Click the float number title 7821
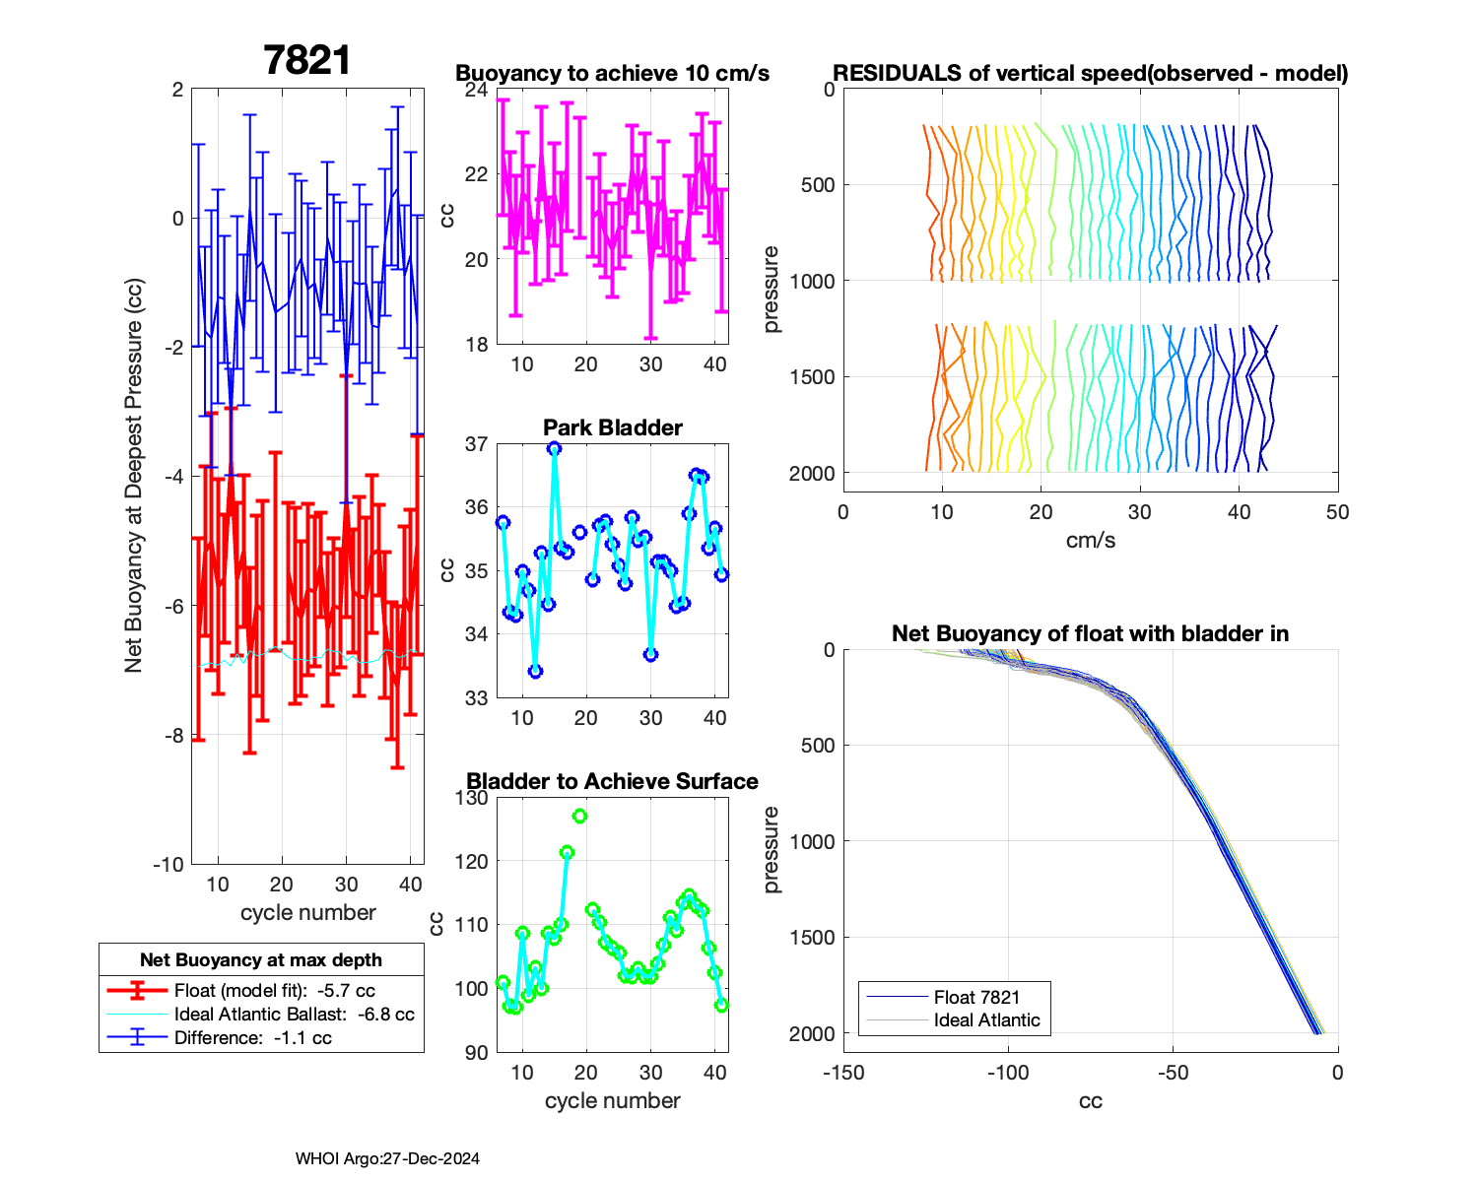point(307,60)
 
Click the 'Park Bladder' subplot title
point(613,427)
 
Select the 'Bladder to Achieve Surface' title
point(612,781)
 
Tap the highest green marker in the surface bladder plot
point(579,816)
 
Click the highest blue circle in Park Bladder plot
point(555,448)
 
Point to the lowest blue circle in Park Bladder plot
point(535,671)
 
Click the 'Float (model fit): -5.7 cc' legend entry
point(274,991)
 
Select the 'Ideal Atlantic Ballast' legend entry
point(294,1014)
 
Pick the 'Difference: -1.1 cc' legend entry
point(252,1037)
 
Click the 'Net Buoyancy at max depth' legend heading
point(261,959)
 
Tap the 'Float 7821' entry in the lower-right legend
point(976,997)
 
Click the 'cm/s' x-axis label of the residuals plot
point(1091,540)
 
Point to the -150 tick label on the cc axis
point(843,1073)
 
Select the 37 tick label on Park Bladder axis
point(476,444)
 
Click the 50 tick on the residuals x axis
point(1337,512)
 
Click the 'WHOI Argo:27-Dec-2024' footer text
point(387,1158)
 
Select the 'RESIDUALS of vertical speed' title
point(1091,73)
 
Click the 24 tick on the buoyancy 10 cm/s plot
point(476,90)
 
